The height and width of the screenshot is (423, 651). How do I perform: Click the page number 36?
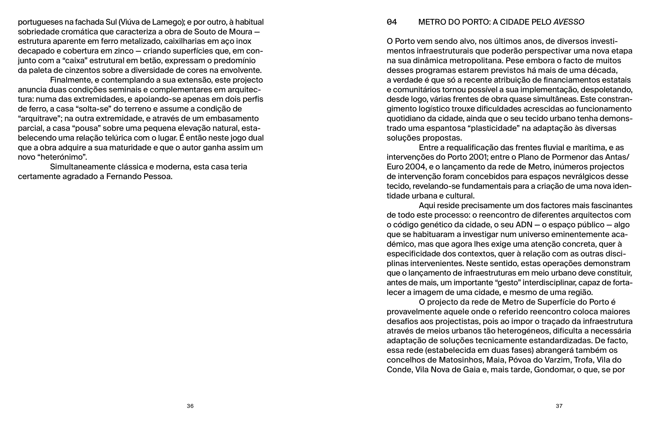pos(190,406)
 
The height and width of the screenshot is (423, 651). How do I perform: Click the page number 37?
pos(559,406)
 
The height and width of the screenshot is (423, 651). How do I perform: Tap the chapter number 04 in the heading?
pos(392,22)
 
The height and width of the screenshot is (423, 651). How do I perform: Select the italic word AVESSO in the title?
pos(569,22)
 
